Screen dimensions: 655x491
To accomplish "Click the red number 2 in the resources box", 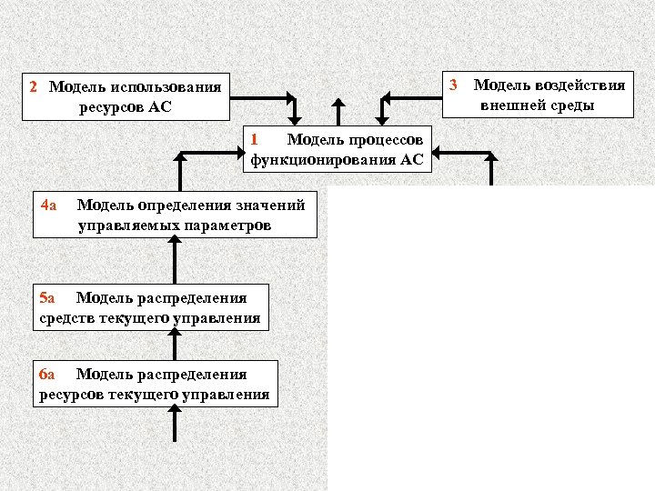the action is point(33,87).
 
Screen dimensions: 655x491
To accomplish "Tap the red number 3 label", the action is point(453,85).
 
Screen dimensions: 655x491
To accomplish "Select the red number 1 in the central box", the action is point(256,139).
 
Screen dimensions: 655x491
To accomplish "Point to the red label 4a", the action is point(50,204).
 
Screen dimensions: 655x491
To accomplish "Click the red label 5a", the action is point(47,297).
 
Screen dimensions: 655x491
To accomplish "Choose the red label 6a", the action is point(47,374).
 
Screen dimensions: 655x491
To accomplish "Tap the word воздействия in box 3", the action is point(579,85).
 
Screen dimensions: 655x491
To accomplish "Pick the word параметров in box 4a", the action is point(229,225).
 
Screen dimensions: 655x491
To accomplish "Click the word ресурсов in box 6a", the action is point(72,395).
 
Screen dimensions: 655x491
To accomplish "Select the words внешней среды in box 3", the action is point(539,105).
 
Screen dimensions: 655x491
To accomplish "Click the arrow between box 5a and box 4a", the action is point(174,262).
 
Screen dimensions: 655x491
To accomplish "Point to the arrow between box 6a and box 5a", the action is point(174,345).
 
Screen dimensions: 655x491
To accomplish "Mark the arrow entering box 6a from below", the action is point(174,422).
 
